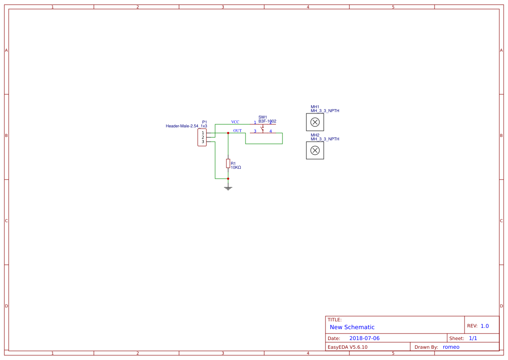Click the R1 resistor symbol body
(228, 163)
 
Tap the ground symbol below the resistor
(228, 188)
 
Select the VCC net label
(235, 122)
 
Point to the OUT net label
(237, 131)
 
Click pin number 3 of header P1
(203, 142)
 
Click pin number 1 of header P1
(203, 133)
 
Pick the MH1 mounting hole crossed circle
(315, 122)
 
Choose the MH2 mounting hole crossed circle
(315, 150)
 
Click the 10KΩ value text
(236, 167)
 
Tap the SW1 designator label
(262, 117)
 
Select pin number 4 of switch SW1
(271, 131)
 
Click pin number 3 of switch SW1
(255, 131)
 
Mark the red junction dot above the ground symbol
(228, 179)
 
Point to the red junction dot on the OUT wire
(228, 133)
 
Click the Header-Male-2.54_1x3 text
(186, 126)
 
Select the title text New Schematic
(352, 327)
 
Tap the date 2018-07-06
(365, 338)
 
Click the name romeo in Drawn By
(451, 347)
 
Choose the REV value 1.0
(485, 326)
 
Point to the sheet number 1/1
(473, 338)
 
